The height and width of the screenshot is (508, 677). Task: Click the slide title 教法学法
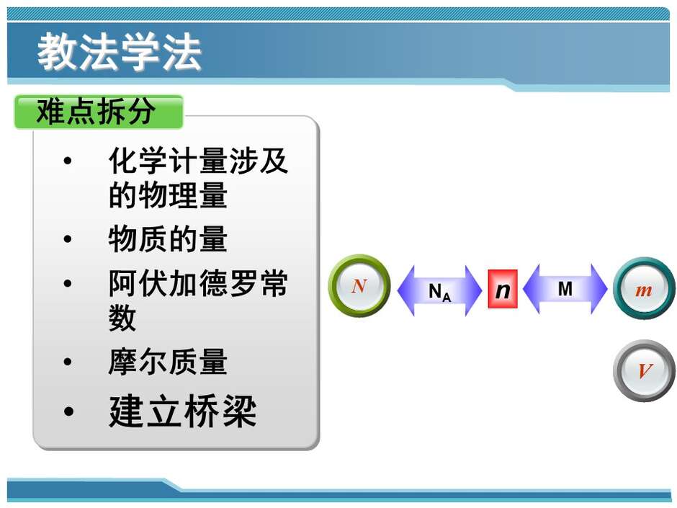119,52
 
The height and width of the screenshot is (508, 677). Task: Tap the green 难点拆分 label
99,112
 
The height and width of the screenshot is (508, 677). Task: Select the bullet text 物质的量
168,239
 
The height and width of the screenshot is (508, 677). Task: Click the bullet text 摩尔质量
168,361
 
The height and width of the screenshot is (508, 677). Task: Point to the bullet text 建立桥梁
183,411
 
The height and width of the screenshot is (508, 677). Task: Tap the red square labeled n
503,289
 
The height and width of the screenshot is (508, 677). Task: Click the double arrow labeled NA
439,290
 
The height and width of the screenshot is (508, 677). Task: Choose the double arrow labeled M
565,288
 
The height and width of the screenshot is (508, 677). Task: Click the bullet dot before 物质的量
68,239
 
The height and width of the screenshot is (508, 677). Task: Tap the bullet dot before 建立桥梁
68,411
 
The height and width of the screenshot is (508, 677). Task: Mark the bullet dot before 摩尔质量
68,362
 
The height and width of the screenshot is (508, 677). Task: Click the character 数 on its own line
122,318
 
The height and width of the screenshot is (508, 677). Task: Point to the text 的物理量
168,195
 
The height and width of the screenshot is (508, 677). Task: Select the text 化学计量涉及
198,160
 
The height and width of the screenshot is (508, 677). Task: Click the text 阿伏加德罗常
198,283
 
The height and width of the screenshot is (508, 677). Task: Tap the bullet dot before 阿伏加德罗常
68,283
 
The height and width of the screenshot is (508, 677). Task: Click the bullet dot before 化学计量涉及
68,161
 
